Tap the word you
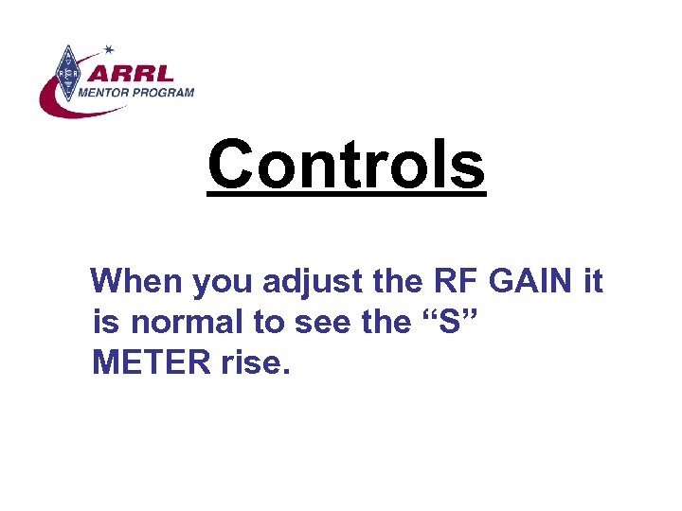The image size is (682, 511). [x=224, y=281]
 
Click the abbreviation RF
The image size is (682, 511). [x=454, y=281]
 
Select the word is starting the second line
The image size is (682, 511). [x=107, y=322]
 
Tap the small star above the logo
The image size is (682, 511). [x=109, y=47]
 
